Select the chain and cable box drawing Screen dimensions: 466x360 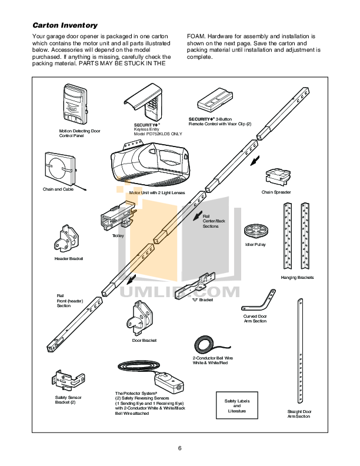[59, 167]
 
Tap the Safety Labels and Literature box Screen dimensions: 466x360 [237, 405]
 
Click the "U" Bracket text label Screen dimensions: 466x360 [202, 300]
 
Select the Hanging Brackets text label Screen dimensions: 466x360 [297, 277]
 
